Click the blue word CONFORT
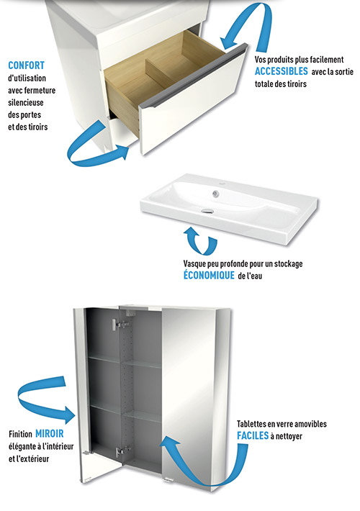(x=26, y=65)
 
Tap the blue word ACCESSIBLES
(x=281, y=71)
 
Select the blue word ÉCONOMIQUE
(x=209, y=276)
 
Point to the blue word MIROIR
(x=49, y=434)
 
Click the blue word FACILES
(x=253, y=435)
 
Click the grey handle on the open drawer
(x=192, y=76)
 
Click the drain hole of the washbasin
(x=207, y=211)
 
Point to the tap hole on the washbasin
(x=222, y=185)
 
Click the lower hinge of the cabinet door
(x=121, y=451)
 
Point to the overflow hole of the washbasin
(x=215, y=194)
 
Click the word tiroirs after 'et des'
(x=38, y=127)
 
